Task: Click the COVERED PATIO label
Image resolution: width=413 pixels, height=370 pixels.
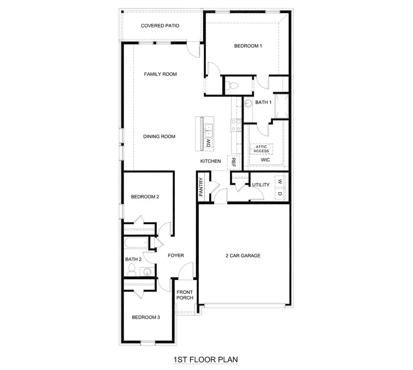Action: click(160, 26)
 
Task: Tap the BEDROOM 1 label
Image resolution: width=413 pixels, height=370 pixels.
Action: click(248, 46)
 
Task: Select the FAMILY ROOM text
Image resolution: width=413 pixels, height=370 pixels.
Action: click(160, 74)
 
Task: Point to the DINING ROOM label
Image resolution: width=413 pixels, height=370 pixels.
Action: click(159, 137)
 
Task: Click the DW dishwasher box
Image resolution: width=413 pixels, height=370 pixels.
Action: click(208, 144)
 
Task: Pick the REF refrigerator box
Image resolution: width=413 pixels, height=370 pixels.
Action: click(233, 162)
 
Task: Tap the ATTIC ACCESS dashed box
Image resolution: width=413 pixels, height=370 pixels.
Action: click(262, 149)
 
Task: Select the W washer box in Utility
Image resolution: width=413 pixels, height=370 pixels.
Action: click(279, 181)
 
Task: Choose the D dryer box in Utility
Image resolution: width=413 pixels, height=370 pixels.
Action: click(279, 193)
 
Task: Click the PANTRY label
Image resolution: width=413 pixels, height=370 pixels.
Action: click(201, 188)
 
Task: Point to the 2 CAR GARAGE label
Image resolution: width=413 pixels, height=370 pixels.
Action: click(243, 256)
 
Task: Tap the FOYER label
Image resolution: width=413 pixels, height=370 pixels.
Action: click(176, 256)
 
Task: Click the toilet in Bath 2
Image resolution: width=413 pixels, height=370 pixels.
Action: click(131, 270)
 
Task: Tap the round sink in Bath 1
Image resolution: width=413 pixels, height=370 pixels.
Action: click(248, 103)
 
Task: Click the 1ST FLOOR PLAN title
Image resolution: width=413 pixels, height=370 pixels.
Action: click(206, 360)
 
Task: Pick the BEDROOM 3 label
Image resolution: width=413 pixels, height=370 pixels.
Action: click(145, 317)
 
